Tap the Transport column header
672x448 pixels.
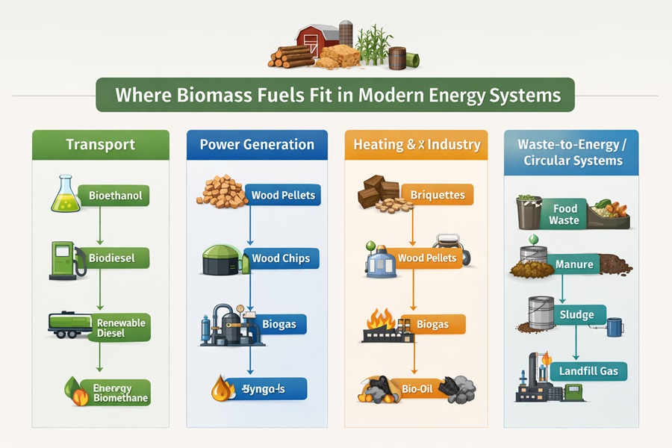[101, 144]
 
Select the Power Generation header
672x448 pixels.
[257, 144]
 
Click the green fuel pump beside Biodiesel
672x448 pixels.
[62, 260]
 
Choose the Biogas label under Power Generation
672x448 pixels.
[279, 324]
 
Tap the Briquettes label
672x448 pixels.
[437, 196]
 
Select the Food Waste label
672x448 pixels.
[565, 215]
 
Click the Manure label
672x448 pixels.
[574, 264]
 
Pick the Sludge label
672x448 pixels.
[576, 314]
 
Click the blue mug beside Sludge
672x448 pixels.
[615, 326]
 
